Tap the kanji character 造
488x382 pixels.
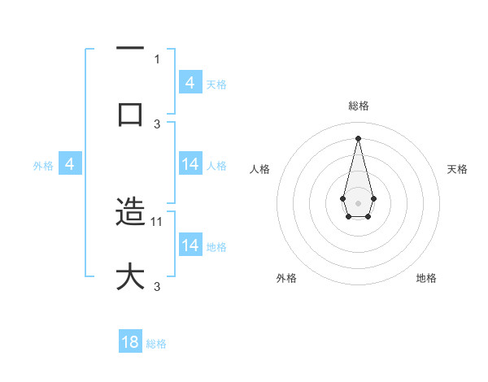[130, 212]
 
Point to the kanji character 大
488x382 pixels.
[130, 276]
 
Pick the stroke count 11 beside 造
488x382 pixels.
[158, 221]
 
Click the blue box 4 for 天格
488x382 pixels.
[190, 83]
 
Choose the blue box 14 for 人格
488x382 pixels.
[190, 164]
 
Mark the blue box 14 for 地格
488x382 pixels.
[190, 245]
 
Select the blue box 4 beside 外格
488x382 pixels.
[70, 164]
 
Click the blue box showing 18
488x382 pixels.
[130, 342]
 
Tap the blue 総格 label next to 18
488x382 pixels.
[156, 344]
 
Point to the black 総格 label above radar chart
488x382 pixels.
[358, 106]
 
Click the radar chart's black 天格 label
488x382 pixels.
[457, 169]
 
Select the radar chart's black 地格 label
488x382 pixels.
[426, 278]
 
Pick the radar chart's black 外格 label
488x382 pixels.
[285, 278]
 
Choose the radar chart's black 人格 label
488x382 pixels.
[259, 169]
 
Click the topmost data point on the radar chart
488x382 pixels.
[358, 138]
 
